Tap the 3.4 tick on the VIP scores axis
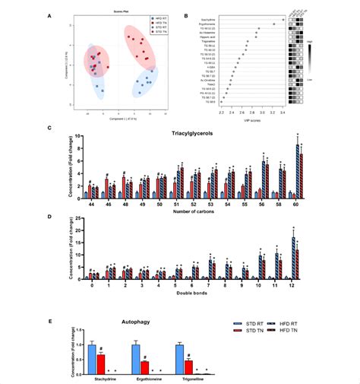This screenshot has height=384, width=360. pyautogui.click(x=283, y=111)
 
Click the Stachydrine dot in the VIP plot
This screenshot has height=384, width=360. pyautogui.click(x=283, y=20)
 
